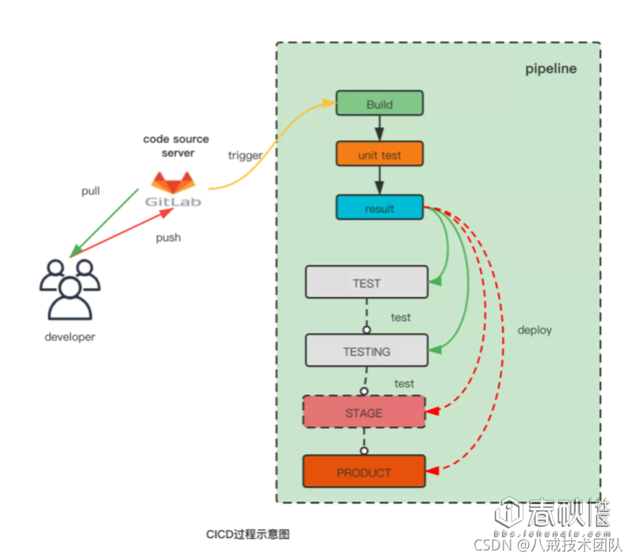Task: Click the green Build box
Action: coord(379,104)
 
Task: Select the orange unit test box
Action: coord(379,154)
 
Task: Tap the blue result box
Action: coord(379,208)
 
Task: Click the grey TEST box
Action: coord(366,283)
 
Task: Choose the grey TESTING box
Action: coord(366,351)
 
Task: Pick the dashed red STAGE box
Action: coord(363,412)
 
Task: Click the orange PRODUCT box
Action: coord(363,472)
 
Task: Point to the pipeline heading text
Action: coord(550,69)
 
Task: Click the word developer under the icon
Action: coord(70,337)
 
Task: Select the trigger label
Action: coord(244,155)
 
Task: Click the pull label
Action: coord(91,191)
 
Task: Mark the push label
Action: coord(168,237)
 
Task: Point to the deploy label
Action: coord(535,330)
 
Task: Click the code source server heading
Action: coord(176,146)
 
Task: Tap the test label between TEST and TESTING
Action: coord(401,318)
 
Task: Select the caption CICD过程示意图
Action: coord(247,534)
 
